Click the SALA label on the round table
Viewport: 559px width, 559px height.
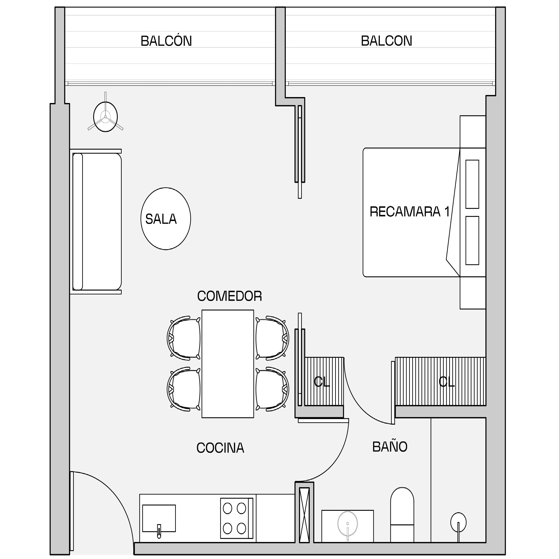tap(161, 219)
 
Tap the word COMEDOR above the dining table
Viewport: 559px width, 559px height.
tap(230, 296)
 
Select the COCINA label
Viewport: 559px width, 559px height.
tap(220, 448)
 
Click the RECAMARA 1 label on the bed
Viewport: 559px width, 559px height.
tap(410, 212)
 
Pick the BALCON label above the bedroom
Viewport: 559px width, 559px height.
tap(386, 41)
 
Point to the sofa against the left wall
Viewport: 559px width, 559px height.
tap(96, 222)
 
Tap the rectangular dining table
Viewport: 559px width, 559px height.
tap(228, 364)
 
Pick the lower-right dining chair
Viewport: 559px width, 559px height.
tap(272, 389)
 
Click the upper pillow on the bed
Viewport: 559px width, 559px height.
tap(472, 184)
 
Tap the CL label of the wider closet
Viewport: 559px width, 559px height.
tap(447, 382)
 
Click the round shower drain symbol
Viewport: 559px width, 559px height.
tap(458, 522)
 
